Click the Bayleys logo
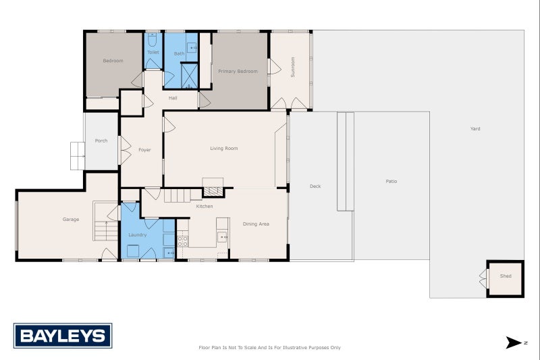coord(63,336)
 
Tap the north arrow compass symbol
coord(515,342)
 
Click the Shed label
coord(506,276)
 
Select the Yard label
coord(475,128)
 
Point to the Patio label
coord(391,181)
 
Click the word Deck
coord(315,186)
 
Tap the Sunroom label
coord(293,71)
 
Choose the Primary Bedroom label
coord(238,71)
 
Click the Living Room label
coord(223,149)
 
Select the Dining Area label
coord(256,224)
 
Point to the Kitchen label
coord(205,206)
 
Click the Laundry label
coord(138,234)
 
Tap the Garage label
coord(71,219)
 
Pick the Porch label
coord(101,140)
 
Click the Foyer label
coord(144,149)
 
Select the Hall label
coord(173,98)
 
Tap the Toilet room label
coord(153,52)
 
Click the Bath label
coord(179,53)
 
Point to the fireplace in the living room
coord(213,191)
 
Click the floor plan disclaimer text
coord(269,347)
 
